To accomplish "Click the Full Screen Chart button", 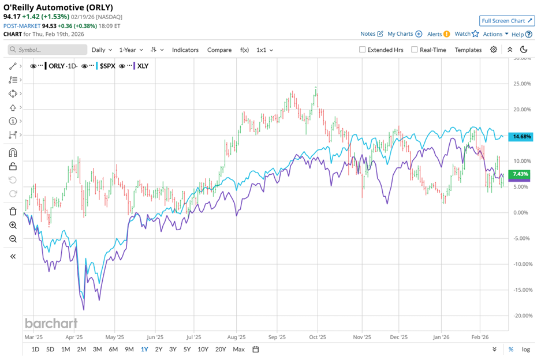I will pos(506,21).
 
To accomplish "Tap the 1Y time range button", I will pos(144,349).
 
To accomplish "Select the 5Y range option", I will pos(187,349).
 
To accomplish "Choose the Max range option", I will pos(238,349).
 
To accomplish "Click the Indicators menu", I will pos(185,50).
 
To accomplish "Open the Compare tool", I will pos(219,50).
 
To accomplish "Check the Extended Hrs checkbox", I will pos(363,50).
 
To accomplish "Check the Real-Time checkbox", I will pos(415,50).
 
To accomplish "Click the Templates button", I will pos(468,50).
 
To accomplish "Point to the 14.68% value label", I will pos(521,137).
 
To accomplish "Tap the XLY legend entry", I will pos(142,66).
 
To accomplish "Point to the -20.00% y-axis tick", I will pos(521,316).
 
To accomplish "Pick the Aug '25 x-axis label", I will pos(236,336).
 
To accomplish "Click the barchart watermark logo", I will pos(51,323).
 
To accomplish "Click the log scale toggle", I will pos(526,349).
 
